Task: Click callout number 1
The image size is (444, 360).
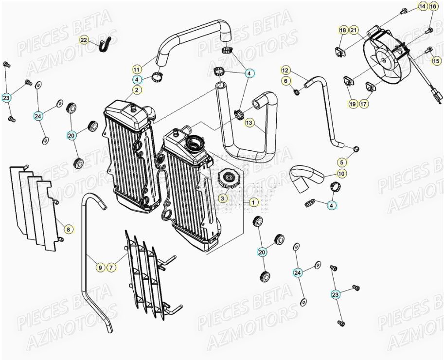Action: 253,201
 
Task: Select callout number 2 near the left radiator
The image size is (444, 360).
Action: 137,90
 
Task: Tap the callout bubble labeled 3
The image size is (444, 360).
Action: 222,198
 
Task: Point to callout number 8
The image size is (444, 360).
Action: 68,229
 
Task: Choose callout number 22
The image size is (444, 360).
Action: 84,40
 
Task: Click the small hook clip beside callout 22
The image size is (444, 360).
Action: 104,45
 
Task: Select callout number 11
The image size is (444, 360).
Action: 137,69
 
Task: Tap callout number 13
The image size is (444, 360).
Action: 249,123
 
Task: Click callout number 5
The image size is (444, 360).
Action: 342,162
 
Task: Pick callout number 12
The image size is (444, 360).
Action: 285,70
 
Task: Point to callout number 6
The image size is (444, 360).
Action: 285,80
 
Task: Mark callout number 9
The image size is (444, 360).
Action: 100,267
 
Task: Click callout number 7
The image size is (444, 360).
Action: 111,267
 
